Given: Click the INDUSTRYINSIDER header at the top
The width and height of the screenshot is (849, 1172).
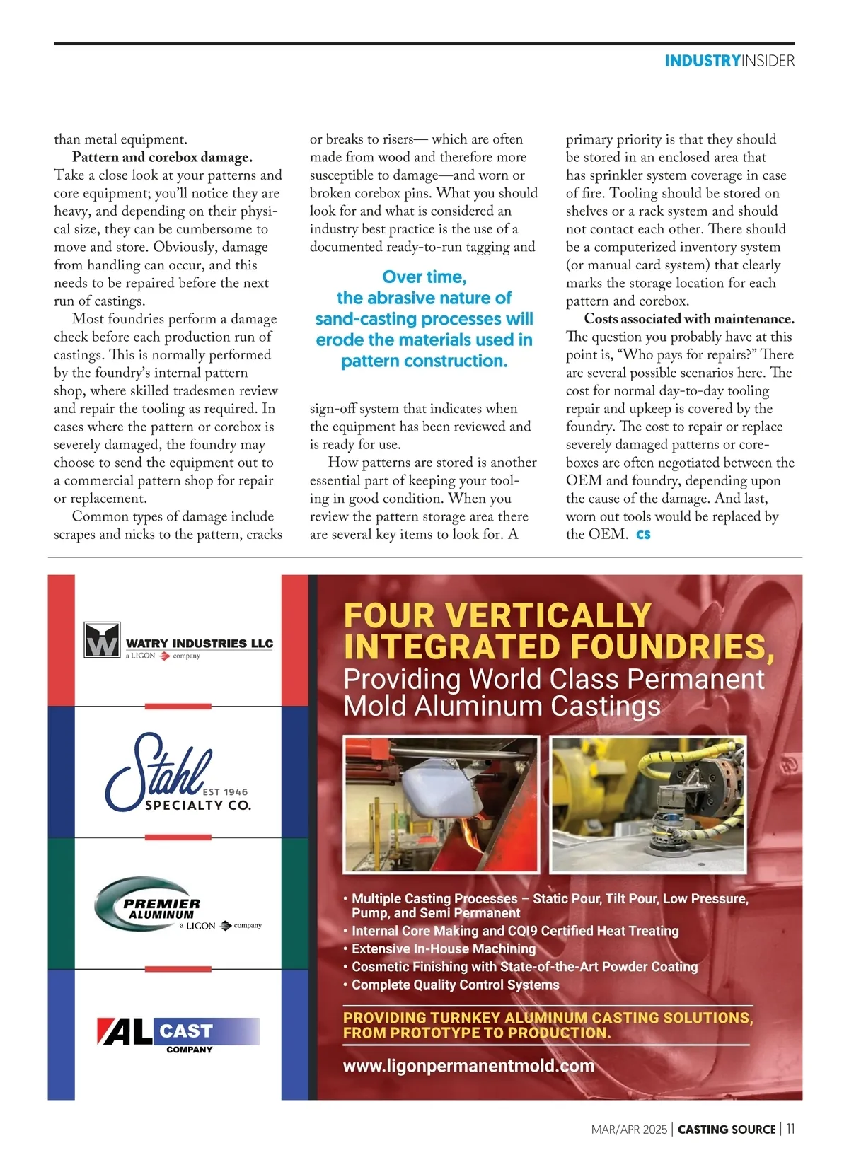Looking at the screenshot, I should [x=729, y=61].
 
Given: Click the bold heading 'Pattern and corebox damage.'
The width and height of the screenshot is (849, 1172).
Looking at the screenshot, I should [x=162, y=157].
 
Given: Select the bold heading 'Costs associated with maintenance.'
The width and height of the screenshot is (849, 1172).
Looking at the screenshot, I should [x=689, y=319].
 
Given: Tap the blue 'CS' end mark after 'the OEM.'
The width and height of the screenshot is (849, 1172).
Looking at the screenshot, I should [x=643, y=535].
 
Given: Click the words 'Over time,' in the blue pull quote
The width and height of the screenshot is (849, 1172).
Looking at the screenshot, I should [x=424, y=277].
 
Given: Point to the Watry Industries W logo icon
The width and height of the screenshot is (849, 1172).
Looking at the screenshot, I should [x=102, y=639].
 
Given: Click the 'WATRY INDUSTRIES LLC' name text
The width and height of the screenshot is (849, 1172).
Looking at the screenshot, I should [x=199, y=644].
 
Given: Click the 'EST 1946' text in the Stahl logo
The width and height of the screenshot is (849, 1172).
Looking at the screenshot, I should [x=225, y=792].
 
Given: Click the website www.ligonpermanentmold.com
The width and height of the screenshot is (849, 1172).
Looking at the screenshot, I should [x=468, y=1066].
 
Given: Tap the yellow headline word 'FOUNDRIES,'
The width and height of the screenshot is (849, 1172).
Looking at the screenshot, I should [x=672, y=647].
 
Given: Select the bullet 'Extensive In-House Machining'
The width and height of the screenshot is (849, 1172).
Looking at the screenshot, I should [x=443, y=948].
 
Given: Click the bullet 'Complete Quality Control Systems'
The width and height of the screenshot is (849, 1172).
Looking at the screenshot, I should [x=455, y=985].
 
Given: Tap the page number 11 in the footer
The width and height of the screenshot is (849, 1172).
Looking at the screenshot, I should [x=790, y=1129].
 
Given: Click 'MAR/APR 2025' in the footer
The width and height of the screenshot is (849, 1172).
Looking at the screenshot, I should [x=628, y=1130].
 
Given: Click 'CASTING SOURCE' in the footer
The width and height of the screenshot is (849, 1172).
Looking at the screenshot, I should [x=727, y=1130].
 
